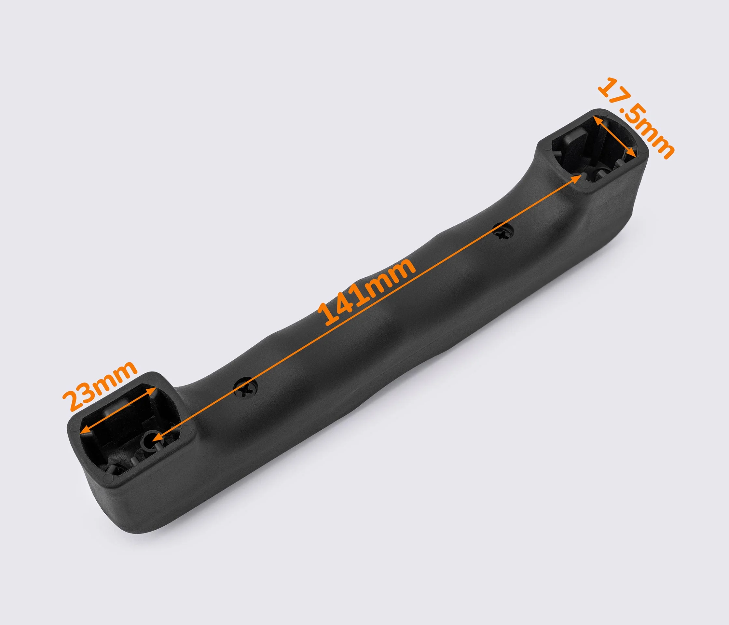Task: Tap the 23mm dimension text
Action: click(x=100, y=385)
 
